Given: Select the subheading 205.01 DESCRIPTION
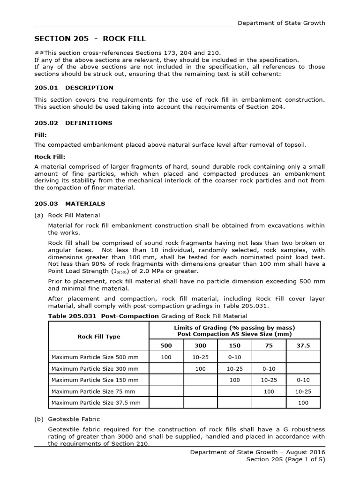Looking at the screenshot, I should click(74, 88).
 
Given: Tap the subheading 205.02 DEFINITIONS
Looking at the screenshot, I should click(73, 123).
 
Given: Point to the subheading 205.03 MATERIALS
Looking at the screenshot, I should click(70, 204).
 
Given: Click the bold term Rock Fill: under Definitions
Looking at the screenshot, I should click(50, 157).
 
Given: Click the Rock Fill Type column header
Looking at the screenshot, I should click(98, 337).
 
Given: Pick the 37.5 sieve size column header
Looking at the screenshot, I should click(303, 345).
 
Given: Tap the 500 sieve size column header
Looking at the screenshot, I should click(166, 345).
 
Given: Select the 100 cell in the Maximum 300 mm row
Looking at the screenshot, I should click(200, 369).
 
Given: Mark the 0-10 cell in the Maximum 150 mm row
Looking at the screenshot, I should click(303, 380).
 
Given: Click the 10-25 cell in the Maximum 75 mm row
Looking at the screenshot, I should click(303, 391).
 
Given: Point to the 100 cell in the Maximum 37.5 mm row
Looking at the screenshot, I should click(303, 403).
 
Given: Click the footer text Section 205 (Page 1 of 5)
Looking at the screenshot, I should click(285, 459).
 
